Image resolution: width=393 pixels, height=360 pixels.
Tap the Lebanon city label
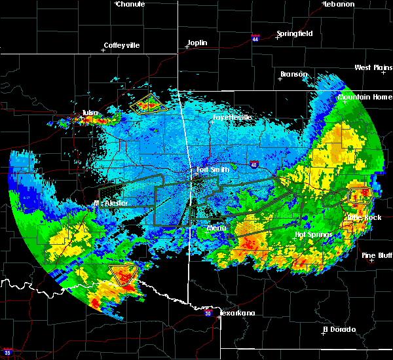pos(339,4)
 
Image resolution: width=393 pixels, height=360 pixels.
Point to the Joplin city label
pos(197,43)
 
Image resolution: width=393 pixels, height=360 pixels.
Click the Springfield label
pos(294,33)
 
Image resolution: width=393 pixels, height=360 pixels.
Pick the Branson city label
pos(293,74)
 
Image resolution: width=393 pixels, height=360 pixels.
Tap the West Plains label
pos(372,67)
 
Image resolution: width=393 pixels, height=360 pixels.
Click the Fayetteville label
pos(232,118)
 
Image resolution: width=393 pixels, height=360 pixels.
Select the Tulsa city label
pos(90,113)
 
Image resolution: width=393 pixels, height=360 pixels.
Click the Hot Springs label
pos(310,234)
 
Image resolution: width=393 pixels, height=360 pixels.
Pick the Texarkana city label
pos(236,313)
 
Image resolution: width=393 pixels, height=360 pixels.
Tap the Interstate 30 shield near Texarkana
pos(208,314)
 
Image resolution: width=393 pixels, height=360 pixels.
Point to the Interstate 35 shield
pos(7,352)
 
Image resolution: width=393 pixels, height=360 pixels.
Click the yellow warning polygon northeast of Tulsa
pos(146,103)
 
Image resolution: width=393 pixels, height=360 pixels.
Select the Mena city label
pos(216,228)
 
